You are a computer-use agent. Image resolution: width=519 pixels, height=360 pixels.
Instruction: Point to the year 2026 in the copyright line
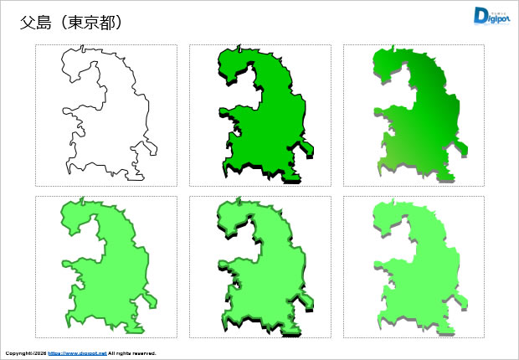tap(38, 353)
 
